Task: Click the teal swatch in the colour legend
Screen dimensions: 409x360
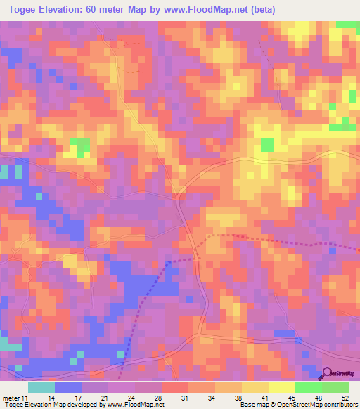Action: tap(41, 387)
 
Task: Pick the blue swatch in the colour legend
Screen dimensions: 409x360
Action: tap(68, 387)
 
